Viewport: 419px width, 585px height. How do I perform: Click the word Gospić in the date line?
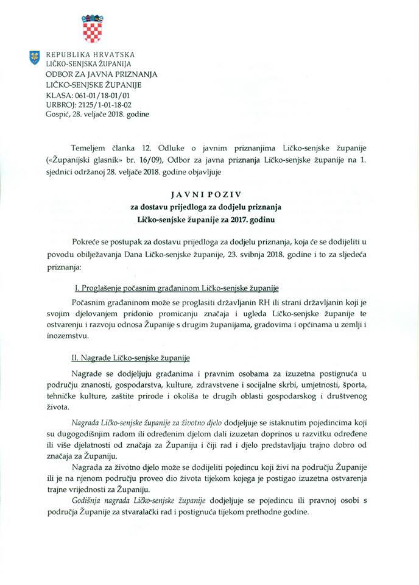click(51, 114)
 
